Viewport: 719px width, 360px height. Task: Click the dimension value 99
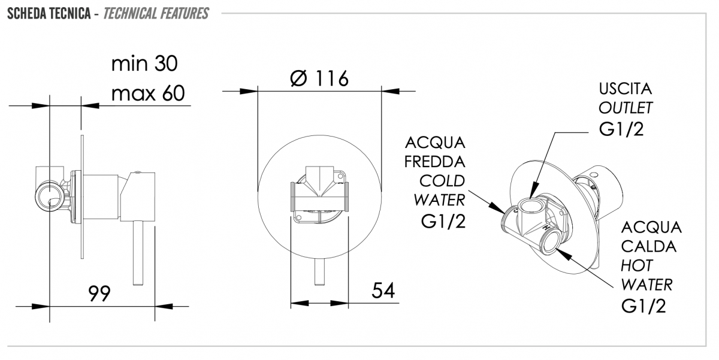[99, 294]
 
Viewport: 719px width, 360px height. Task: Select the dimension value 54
[383, 291]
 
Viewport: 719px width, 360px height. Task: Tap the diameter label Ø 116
[319, 78]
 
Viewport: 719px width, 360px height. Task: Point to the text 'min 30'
[144, 63]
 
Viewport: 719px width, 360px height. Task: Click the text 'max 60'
[148, 93]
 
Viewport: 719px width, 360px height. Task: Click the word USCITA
[626, 89]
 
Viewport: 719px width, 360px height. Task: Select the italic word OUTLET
[626, 108]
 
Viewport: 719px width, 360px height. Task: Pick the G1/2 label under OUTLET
[621, 129]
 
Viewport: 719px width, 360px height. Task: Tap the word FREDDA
[434, 162]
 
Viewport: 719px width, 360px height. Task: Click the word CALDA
[649, 246]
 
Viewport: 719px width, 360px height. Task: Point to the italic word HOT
[637, 266]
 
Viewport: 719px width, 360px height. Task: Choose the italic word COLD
[442, 181]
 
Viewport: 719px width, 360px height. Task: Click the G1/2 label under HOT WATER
[644, 305]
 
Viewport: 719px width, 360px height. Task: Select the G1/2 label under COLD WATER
[443, 221]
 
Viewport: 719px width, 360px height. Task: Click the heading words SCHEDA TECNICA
[49, 13]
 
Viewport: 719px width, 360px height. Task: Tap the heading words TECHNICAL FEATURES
[156, 13]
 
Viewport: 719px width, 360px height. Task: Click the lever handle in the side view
[138, 253]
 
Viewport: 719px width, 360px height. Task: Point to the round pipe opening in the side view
[50, 196]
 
